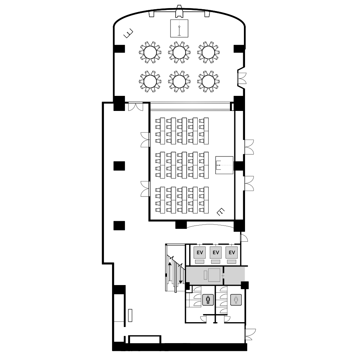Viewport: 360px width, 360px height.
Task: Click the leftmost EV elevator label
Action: click(200, 253)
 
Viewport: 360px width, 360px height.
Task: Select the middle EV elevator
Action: click(216, 253)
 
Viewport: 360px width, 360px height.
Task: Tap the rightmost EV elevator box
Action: click(232, 253)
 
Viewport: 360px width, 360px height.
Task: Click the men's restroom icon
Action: click(208, 300)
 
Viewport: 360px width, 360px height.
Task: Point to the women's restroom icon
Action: click(236, 300)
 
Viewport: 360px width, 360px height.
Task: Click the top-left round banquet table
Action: click(150, 52)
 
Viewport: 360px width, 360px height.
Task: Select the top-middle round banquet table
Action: click(179, 52)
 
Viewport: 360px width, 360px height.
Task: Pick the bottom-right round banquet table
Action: click(208, 82)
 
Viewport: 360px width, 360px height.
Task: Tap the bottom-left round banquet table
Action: click(150, 82)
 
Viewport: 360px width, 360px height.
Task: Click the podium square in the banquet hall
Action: click(179, 29)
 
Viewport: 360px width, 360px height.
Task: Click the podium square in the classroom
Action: click(224, 165)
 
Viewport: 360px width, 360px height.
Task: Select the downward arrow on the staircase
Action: click(181, 274)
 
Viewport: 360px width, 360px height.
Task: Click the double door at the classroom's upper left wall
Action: click(145, 140)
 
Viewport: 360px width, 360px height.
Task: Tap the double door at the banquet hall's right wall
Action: click(242, 78)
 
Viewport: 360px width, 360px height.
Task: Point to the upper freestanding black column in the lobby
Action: click(119, 166)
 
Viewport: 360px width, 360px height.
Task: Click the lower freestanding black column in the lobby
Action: click(119, 226)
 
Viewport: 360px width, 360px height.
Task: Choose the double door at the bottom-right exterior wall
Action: click(250, 335)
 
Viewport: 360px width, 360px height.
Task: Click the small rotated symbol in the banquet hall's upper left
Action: click(128, 33)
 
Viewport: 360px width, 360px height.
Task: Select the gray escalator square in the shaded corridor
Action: click(214, 275)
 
